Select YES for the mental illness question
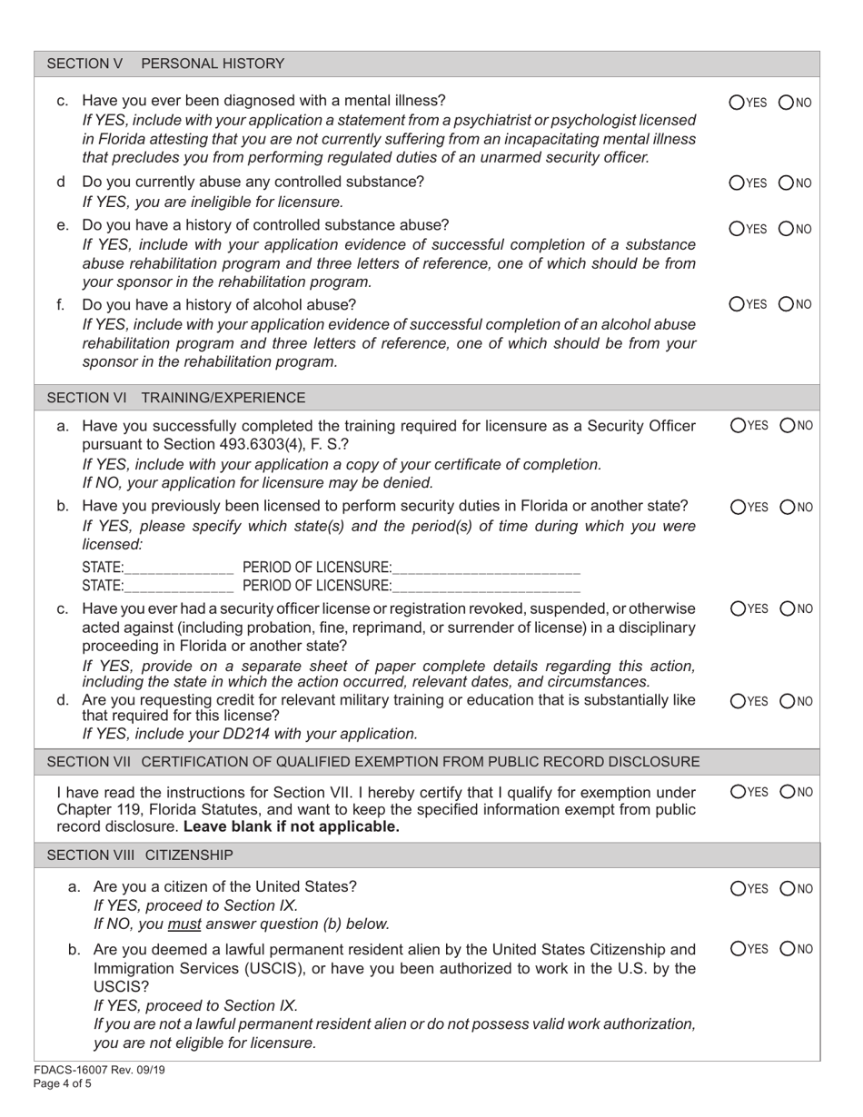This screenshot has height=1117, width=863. pos(737,103)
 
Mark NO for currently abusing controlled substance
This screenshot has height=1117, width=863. pos(787,183)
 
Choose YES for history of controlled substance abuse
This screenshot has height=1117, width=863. pos(737,228)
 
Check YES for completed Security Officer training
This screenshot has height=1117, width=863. pos(737,425)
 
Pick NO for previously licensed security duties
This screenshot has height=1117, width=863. pos(787,507)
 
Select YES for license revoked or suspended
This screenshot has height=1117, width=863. pos(737,608)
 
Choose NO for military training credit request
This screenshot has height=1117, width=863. pos(787,701)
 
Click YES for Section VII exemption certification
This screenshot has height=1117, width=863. pos(737,792)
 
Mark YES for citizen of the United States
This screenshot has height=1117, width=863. pos(737,888)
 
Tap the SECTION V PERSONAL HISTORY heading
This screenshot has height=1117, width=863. pos(165,64)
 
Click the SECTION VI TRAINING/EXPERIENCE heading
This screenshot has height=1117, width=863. pos(176,398)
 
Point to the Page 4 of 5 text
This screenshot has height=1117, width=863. pos(61,1083)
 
